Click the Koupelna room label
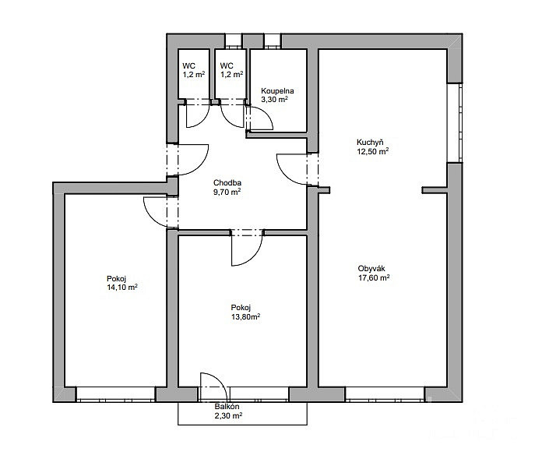(x=277, y=91)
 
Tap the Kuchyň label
(x=370, y=142)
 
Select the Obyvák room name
(x=371, y=269)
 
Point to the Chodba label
(x=227, y=182)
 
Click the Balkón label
(x=227, y=407)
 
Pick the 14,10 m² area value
(x=122, y=288)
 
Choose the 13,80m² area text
(x=246, y=316)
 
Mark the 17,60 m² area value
(x=374, y=278)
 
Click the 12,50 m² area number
(x=373, y=151)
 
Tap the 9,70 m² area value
(x=227, y=192)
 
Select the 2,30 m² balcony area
(x=229, y=416)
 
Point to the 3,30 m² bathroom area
(x=274, y=100)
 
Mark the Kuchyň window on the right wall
(x=455, y=123)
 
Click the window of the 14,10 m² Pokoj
(x=115, y=394)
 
